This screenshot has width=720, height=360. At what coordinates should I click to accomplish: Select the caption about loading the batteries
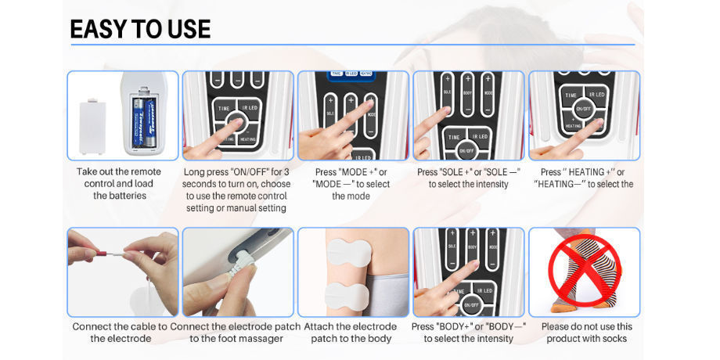point(120,183)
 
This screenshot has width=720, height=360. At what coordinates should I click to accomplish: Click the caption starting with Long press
point(236,189)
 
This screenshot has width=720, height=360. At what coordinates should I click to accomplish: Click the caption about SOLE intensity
point(468,178)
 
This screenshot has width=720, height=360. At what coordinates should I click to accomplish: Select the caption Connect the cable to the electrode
point(120,333)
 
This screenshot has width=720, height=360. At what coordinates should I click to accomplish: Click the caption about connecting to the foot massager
point(236,333)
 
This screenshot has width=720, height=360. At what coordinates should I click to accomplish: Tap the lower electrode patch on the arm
point(344,295)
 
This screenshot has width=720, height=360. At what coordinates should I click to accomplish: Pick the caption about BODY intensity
point(468,333)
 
